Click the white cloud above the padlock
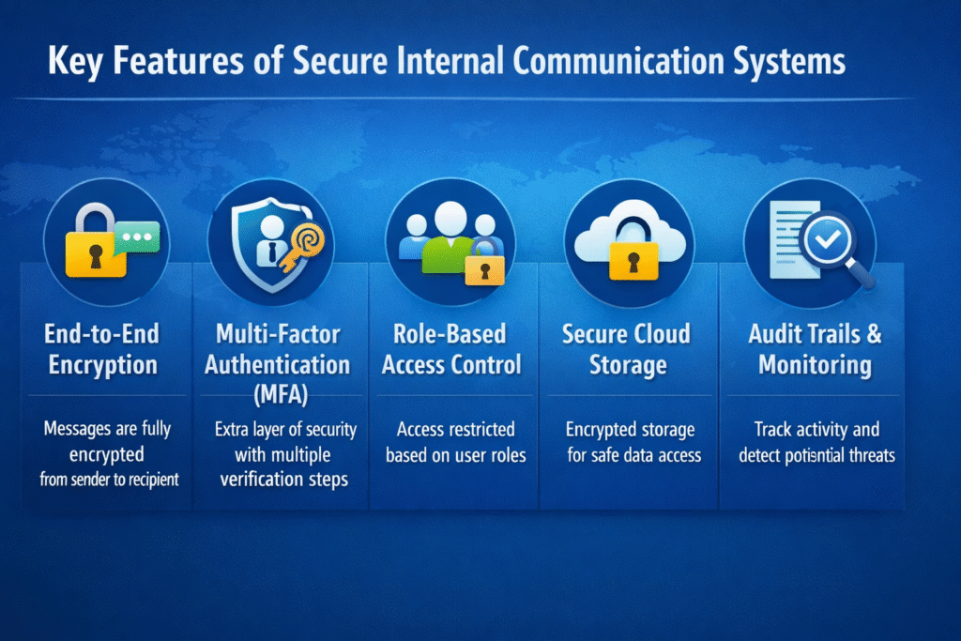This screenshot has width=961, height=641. tap(628, 232)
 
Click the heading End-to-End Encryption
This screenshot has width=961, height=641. tap(102, 349)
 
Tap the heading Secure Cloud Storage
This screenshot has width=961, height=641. tap(627, 349)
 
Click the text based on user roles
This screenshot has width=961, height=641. tap(455, 456)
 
